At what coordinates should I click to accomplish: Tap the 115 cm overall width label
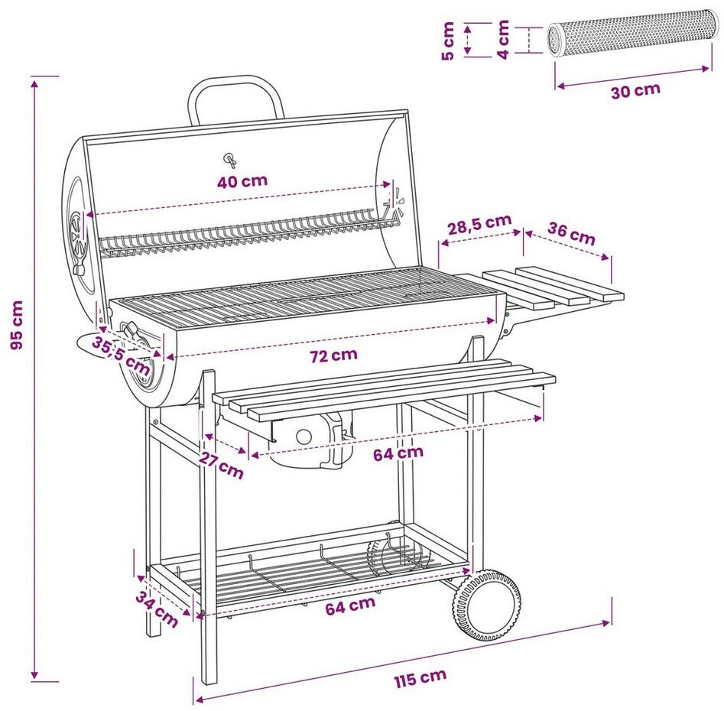pos(420,678)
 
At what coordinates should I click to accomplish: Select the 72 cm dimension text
pos(333,355)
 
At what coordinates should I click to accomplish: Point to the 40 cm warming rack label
pos(242,181)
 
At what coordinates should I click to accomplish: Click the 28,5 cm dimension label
pos(480,224)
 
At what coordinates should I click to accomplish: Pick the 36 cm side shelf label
pos(572,234)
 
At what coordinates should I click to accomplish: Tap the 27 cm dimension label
pos(221,465)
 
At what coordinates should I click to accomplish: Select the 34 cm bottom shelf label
pos(157,609)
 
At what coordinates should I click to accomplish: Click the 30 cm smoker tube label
pos(635,90)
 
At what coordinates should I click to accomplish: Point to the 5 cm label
pos(448,41)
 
